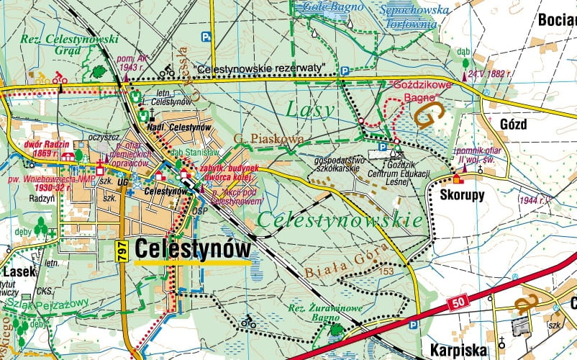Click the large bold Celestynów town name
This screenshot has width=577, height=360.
[x=194, y=249]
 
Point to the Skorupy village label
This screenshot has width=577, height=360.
[x=458, y=195]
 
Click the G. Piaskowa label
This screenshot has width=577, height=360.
[x=258, y=138]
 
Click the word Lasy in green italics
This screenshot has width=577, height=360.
[x=310, y=109]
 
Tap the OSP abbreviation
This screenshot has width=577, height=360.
[x=200, y=211]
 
